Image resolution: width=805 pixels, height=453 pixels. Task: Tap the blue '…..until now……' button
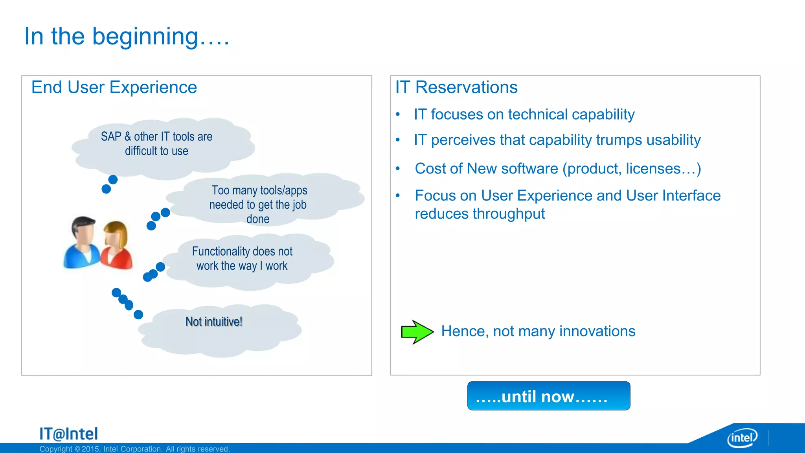click(x=548, y=396)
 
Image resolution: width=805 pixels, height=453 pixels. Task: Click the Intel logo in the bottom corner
click(x=742, y=438)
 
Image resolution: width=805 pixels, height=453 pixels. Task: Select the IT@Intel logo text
click(x=68, y=434)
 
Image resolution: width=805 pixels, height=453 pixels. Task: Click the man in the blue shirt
click(x=82, y=244)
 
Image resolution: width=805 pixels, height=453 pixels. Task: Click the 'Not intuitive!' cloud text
click(x=214, y=322)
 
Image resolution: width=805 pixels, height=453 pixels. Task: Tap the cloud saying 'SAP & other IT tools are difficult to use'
click(x=156, y=144)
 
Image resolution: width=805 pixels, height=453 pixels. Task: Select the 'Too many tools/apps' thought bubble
click(x=258, y=204)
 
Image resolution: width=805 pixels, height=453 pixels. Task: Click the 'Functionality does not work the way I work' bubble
click(x=242, y=258)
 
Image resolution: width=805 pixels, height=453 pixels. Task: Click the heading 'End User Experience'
click(x=114, y=87)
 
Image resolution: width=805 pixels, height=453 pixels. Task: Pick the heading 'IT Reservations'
click(x=456, y=87)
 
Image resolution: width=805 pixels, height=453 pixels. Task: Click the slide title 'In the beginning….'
click(x=127, y=36)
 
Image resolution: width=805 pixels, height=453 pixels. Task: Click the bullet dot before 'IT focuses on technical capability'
click(x=398, y=114)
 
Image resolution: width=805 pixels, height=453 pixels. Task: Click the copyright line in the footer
click(x=134, y=449)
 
